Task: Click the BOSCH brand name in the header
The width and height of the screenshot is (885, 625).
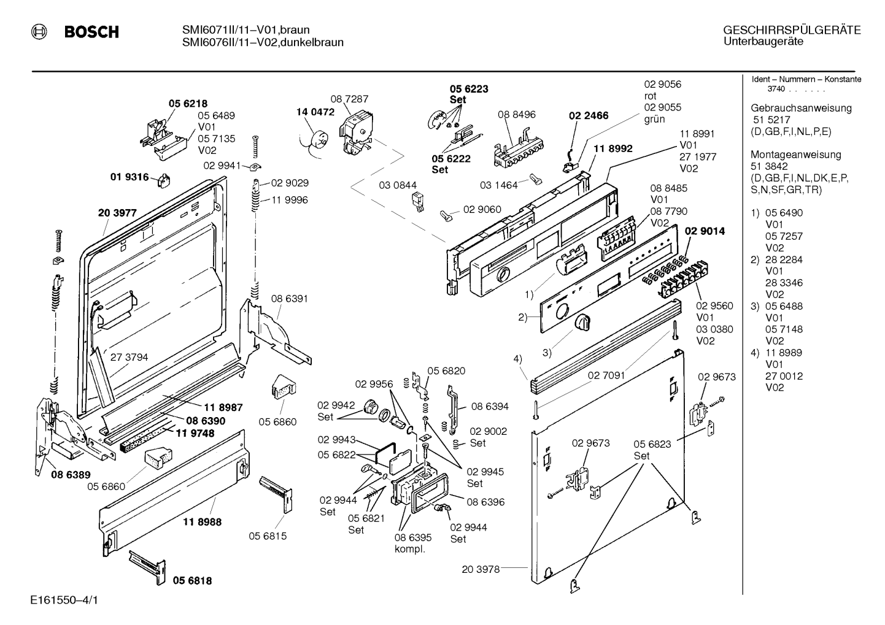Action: pos(91,31)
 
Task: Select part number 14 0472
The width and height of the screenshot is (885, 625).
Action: pos(315,112)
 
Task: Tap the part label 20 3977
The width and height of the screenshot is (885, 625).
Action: pos(117,213)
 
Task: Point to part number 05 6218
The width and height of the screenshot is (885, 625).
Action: pos(188,104)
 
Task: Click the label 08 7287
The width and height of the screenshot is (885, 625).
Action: pos(349,99)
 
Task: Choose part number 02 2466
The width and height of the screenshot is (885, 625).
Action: pos(589,115)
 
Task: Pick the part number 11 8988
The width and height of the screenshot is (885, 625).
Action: pos(203,522)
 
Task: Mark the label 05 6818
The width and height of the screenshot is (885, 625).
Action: pos(193,580)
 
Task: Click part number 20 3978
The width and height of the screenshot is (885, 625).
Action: pos(481,569)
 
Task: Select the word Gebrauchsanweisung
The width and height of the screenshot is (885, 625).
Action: pos(802,108)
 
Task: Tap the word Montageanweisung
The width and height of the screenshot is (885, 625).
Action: pos(796,155)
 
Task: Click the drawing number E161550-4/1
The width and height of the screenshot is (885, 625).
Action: pos(64,600)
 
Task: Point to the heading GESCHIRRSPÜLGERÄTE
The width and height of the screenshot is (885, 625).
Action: pos(792,31)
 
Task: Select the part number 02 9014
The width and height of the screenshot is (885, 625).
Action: pos(705,231)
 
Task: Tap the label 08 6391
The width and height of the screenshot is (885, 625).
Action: pos(289,299)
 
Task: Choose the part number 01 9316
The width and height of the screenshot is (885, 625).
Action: pos(129,177)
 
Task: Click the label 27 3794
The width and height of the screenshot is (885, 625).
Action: pos(129,358)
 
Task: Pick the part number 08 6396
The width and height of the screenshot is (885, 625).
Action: pos(485,502)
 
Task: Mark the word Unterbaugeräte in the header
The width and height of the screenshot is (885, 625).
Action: pos(763,42)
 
